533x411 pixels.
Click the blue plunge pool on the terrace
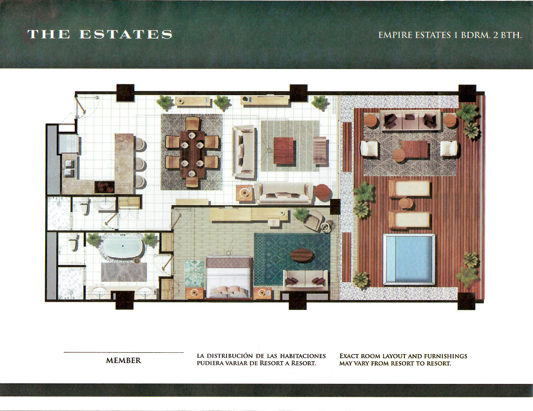(409, 259)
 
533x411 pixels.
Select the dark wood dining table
(192, 154)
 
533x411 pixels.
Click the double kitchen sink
(70, 168)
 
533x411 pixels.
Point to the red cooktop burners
(104, 187)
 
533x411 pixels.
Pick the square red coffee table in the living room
(283, 151)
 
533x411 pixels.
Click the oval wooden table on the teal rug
(302, 255)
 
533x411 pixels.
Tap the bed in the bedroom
(228, 277)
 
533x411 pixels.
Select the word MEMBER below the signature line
(123, 360)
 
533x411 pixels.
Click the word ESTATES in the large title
(126, 34)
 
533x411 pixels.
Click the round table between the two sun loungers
(406, 204)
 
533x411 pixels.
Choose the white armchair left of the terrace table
(369, 148)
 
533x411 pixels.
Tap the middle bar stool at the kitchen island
(140, 163)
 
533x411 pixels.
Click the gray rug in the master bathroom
(124, 272)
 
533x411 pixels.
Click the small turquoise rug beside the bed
(195, 273)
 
